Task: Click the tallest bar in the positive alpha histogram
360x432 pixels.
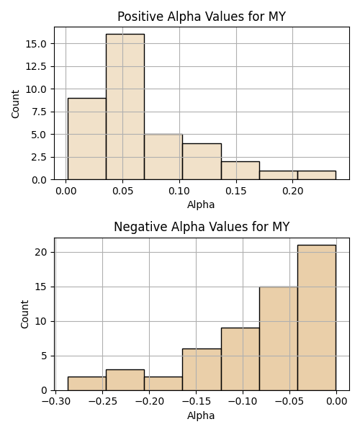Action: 125,107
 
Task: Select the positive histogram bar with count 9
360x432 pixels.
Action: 87,139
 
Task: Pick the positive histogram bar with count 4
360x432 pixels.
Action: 202,161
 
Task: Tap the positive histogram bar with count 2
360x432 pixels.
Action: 240,171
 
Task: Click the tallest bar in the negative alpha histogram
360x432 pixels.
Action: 317,318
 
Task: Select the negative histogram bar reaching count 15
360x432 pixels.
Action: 279,338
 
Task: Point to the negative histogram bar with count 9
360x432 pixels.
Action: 240,359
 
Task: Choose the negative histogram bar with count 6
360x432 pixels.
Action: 202,370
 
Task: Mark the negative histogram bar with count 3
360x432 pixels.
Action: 125,380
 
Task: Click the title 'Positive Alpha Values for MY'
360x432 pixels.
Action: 202,17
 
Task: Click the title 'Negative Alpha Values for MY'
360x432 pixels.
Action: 202,227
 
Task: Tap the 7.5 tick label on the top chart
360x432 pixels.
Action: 39,112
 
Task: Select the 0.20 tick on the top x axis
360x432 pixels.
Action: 293,191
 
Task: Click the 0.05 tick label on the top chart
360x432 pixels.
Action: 123,191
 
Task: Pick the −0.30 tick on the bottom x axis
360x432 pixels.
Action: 56,402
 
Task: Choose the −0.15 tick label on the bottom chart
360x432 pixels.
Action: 197,402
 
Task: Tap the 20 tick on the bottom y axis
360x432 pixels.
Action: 40,253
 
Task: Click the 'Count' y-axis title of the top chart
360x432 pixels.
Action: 15,104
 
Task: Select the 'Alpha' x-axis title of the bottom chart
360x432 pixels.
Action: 201,415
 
